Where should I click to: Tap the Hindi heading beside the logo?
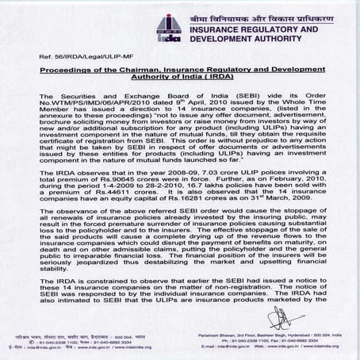pos(265,16)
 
